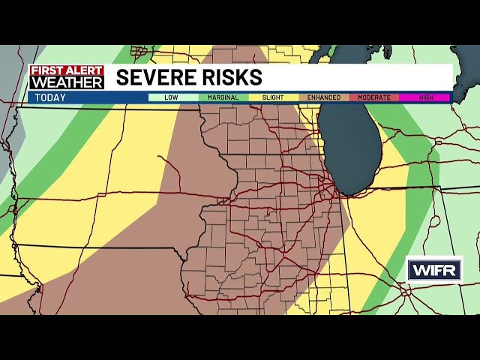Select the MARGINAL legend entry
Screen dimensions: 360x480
[223, 97]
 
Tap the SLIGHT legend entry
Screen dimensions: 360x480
[274, 97]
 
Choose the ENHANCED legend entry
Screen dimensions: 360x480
[324, 97]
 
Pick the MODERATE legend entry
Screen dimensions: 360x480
[374, 97]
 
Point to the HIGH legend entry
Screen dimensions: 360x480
[424, 97]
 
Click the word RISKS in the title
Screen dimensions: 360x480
[229, 77]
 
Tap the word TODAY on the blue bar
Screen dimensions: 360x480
[50, 97]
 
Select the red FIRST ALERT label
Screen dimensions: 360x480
[66, 70]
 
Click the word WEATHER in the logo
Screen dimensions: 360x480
[66, 82]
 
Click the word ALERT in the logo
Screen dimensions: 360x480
[85, 70]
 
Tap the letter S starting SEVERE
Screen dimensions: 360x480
[122, 77]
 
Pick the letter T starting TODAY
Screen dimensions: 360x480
[37, 97]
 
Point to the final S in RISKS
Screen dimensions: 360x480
[256, 77]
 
